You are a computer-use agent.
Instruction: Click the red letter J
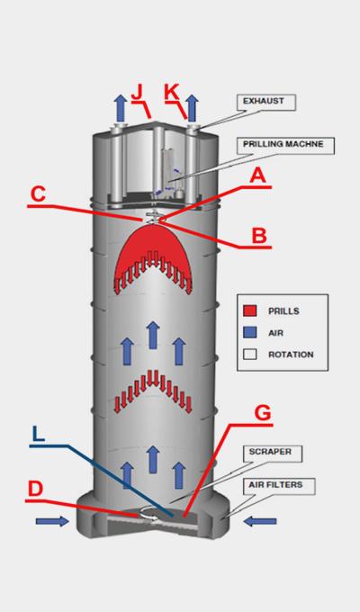tap(138, 93)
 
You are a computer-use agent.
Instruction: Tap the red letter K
tap(171, 93)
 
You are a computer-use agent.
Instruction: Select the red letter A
tap(258, 175)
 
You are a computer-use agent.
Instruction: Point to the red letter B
tap(259, 236)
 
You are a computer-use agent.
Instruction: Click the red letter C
tap(38, 194)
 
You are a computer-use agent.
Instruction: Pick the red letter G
tap(263, 413)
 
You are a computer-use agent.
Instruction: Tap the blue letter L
tap(38, 434)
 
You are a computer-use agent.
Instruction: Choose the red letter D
tap(35, 489)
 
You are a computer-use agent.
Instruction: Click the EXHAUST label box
tap(266, 103)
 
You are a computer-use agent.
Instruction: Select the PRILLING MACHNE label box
tap(286, 146)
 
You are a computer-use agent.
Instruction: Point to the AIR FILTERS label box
tap(279, 486)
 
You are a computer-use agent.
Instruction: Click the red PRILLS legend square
tap(250, 310)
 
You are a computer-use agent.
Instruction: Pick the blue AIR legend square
tap(250, 332)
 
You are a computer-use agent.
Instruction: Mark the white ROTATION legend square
tap(250, 354)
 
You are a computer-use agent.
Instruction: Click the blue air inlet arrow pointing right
tap(52, 521)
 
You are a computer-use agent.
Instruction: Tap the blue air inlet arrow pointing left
tap(260, 521)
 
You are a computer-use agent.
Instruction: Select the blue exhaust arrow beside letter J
tap(121, 108)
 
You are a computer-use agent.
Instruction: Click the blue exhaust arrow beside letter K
tap(192, 108)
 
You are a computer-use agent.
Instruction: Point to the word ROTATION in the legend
tap(291, 355)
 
